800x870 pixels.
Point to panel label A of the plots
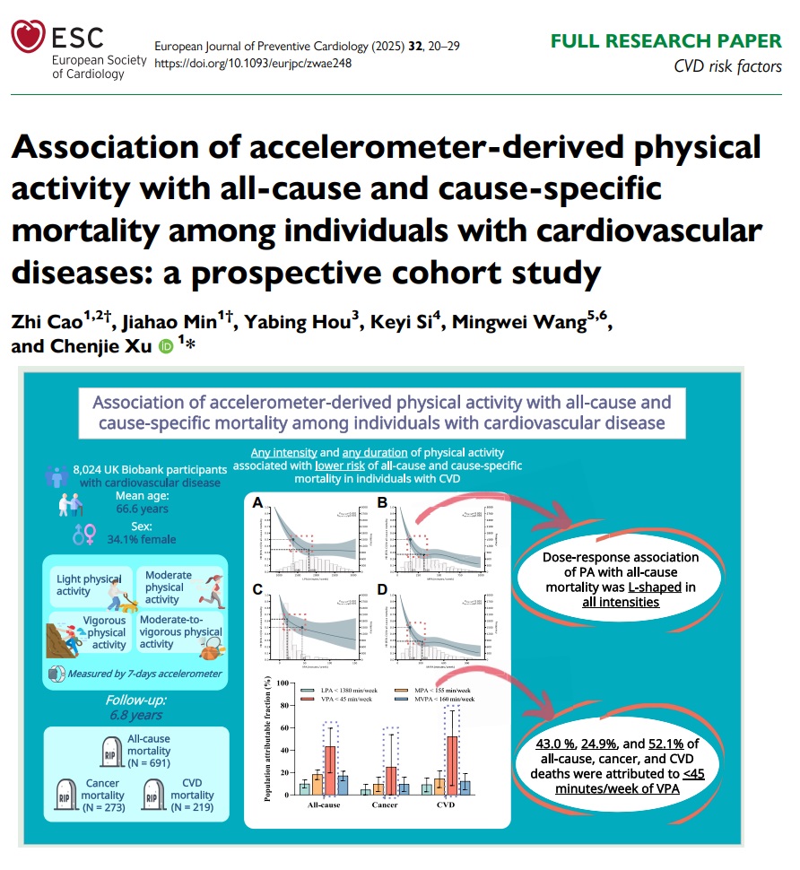[x=258, y=503]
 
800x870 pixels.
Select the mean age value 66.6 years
[x=143, y=509]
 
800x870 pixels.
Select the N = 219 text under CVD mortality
[x=192, y=806]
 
